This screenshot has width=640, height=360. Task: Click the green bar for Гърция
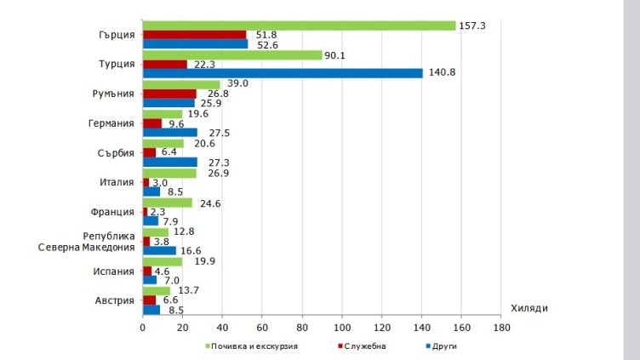coord(299,26)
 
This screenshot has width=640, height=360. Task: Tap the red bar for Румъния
coord(169,94)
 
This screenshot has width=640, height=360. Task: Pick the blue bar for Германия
coord(169,133)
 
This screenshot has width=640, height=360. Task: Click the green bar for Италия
coord(169,173)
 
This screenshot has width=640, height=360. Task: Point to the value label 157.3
coord(471,26)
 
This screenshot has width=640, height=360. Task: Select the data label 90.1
coord(337,54)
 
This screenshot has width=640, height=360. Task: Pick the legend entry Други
coord(445,346)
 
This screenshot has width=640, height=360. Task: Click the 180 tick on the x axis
coord(502,327)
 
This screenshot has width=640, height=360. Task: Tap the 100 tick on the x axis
coord(342,327)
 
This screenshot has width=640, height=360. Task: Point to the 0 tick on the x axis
coord(142,327)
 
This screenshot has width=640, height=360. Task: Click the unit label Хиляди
coord(530,308)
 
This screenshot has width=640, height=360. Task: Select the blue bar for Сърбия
coord(169,162)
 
